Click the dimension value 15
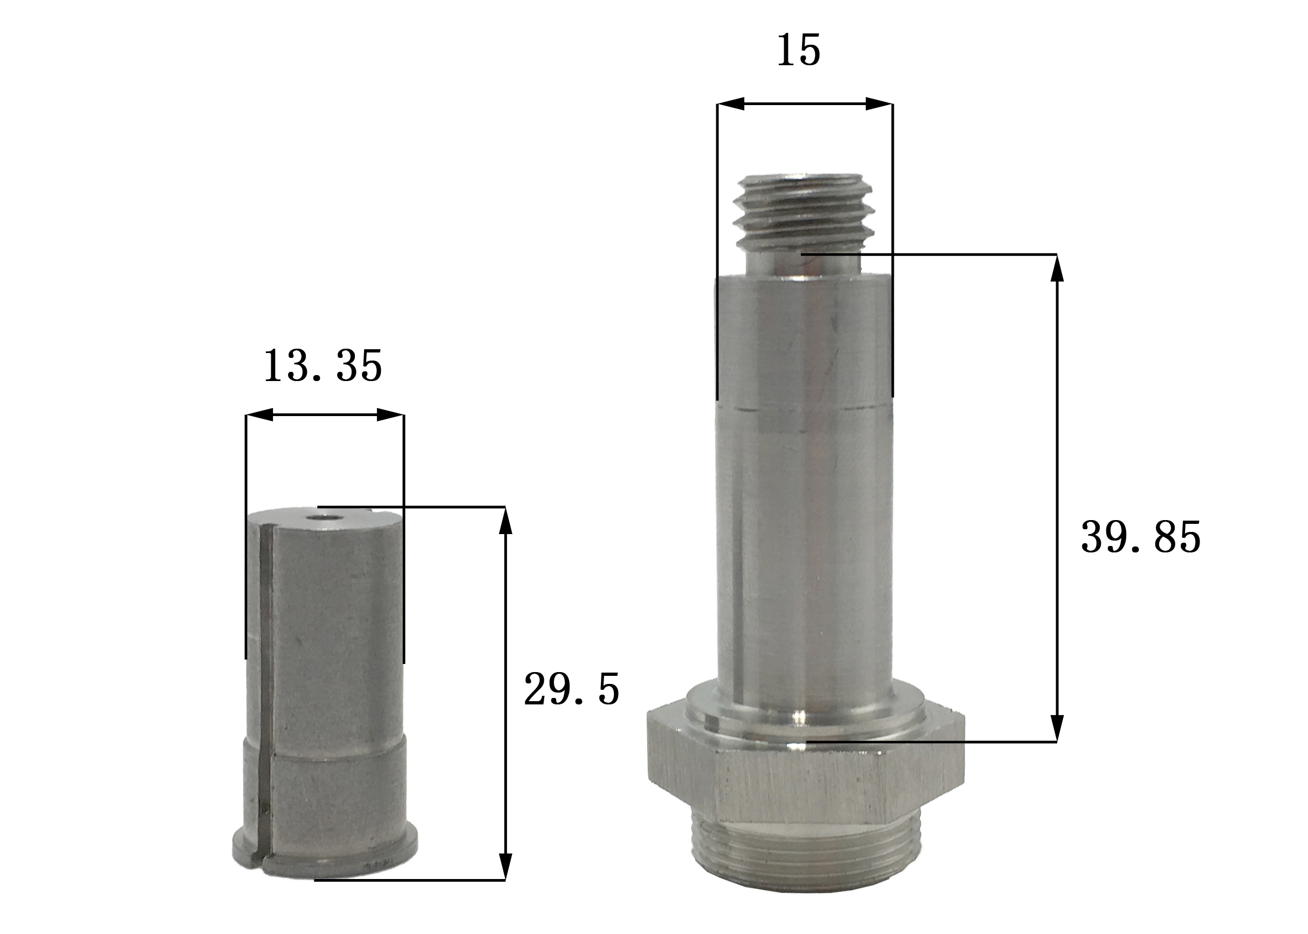798,51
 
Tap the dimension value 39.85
1141,537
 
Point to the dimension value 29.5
571,688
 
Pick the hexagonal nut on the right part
806,781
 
